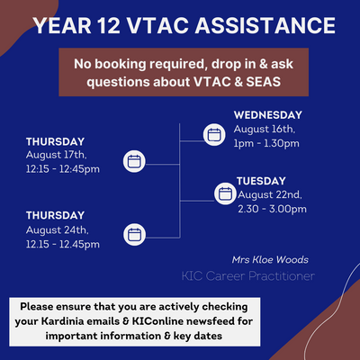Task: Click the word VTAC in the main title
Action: coord(159,25)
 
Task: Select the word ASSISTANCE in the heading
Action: coord(265,25)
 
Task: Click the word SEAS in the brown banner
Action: coord(264,82)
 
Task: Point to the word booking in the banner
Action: coord(121,64)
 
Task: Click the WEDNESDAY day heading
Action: coord(268,115)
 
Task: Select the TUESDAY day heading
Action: coord(261,181)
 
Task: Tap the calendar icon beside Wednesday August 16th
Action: coord(214,135)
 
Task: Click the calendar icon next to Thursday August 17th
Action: coord(134,161)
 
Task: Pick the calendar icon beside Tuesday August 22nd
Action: coord(225,193)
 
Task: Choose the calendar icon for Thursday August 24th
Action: coord(134,234)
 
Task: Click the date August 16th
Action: coord(265,130)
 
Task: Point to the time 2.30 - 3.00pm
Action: coord(272,209)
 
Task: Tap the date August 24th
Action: coord(57,230)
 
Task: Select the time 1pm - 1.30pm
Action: coord(266,143)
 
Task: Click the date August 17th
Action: coord(57,155)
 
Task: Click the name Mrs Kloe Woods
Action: coord(270,260)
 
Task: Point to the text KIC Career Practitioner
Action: coord(248,276)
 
